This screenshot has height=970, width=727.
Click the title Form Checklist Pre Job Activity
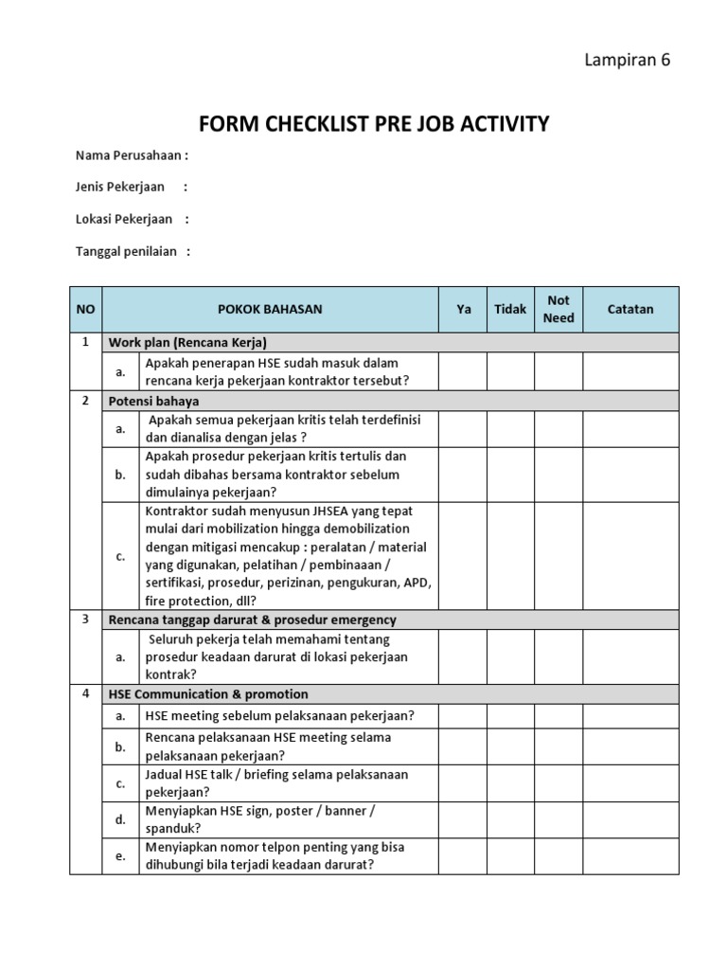(x=373, y=124)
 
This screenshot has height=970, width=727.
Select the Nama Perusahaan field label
(x=132, y=154)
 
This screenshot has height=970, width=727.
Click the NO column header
(x=85, y=309)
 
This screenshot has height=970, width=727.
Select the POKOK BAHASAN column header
(x=270, y=309)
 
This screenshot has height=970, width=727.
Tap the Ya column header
(x=464, y=309)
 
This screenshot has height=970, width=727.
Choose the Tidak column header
(x=510, y=309)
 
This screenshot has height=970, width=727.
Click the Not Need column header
(x=559, y=309)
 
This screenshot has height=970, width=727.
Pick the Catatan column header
(x=630, y=309)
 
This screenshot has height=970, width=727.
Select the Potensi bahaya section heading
(x=152, y=401)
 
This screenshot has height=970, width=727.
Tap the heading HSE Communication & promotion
(x=208, y=694)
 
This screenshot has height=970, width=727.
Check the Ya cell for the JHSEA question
(x=464, y=556)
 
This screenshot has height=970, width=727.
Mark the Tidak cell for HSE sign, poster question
(x=510, y=819)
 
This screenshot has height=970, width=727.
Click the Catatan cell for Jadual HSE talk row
(x=630, y=783)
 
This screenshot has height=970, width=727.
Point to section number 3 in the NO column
(x=85, y=619)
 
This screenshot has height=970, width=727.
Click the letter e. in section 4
(x=120, y=856)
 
